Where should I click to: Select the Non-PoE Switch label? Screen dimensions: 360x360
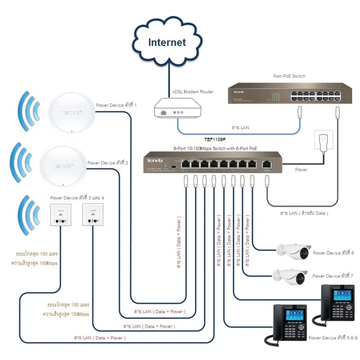point(289,76)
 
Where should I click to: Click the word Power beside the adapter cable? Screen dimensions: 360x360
point(301,170)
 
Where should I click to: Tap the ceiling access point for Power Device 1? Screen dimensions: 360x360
point(71,112)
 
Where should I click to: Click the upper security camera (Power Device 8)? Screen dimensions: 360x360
point(294,251)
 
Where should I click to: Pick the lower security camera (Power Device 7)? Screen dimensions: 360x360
point(290,275)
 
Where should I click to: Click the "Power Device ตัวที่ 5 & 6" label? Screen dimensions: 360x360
point(333,337)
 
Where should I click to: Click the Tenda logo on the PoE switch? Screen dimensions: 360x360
point(153,160)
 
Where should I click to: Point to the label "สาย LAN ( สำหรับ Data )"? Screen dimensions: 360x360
point(305,213)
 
